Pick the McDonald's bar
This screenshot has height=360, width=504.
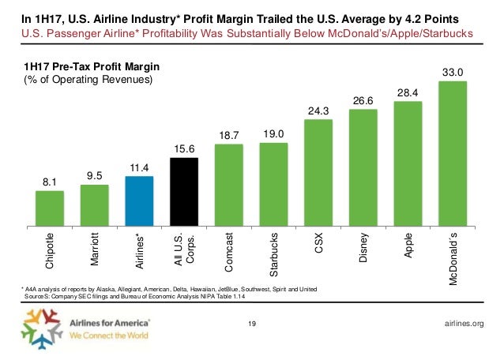pos(453,151)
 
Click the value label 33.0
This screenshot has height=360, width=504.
pos(453,73)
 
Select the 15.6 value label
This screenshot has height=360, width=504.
pos(184,148)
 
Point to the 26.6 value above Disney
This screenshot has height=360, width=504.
pos(363,100)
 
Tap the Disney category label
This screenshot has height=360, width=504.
pos(363,247)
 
